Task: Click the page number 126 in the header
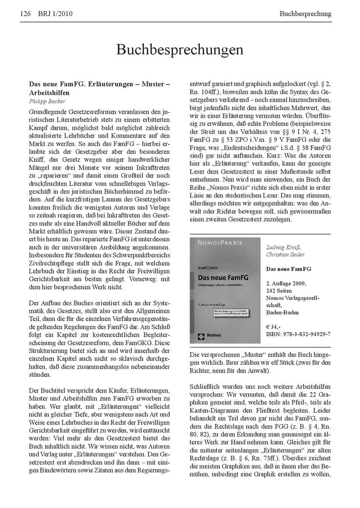[x=25, y=14]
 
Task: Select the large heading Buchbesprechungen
[x=180, y=49]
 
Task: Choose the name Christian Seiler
[x=285, y=254]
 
